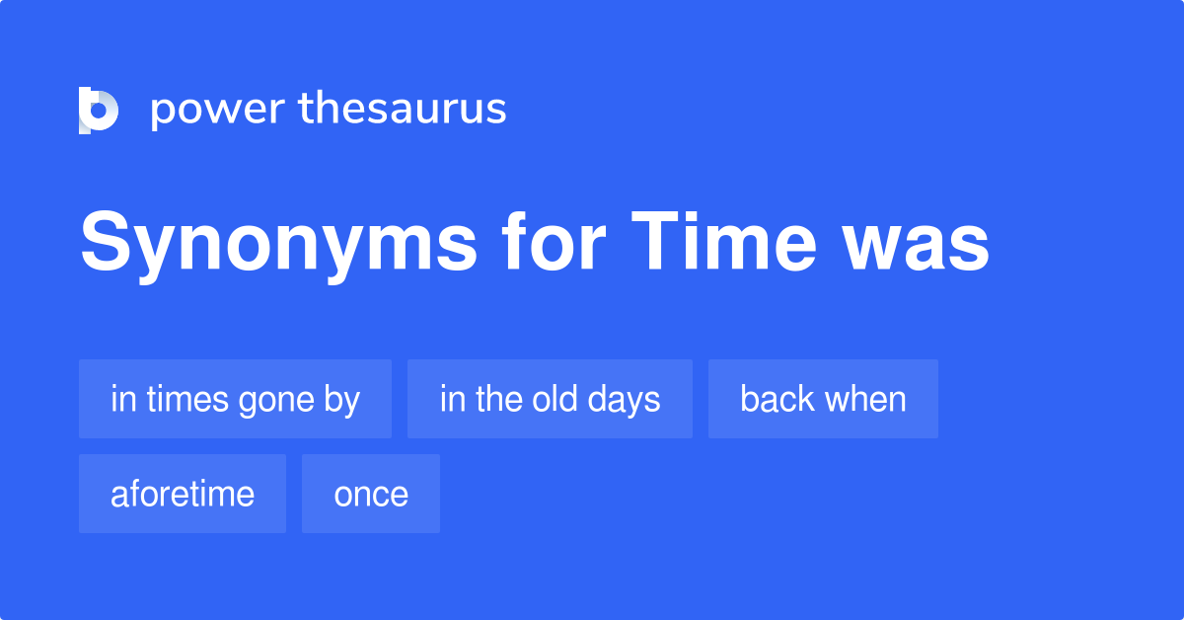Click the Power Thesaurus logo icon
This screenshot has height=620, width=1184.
pos(99,110)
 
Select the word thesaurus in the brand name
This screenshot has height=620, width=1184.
pos(403,109)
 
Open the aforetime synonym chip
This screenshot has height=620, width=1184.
pos(183,494)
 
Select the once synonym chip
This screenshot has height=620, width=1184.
pos(371,494)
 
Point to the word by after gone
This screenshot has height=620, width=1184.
pos(341,400)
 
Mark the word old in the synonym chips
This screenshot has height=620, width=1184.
pos(555,399)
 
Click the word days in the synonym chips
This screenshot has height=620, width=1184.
pos(626,400)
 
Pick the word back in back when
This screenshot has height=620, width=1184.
pos(777,399)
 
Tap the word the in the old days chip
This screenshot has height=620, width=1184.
pos(499,399)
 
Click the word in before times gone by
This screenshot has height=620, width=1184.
pos(121,399)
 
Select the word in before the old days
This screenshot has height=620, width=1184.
pos(451,399)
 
